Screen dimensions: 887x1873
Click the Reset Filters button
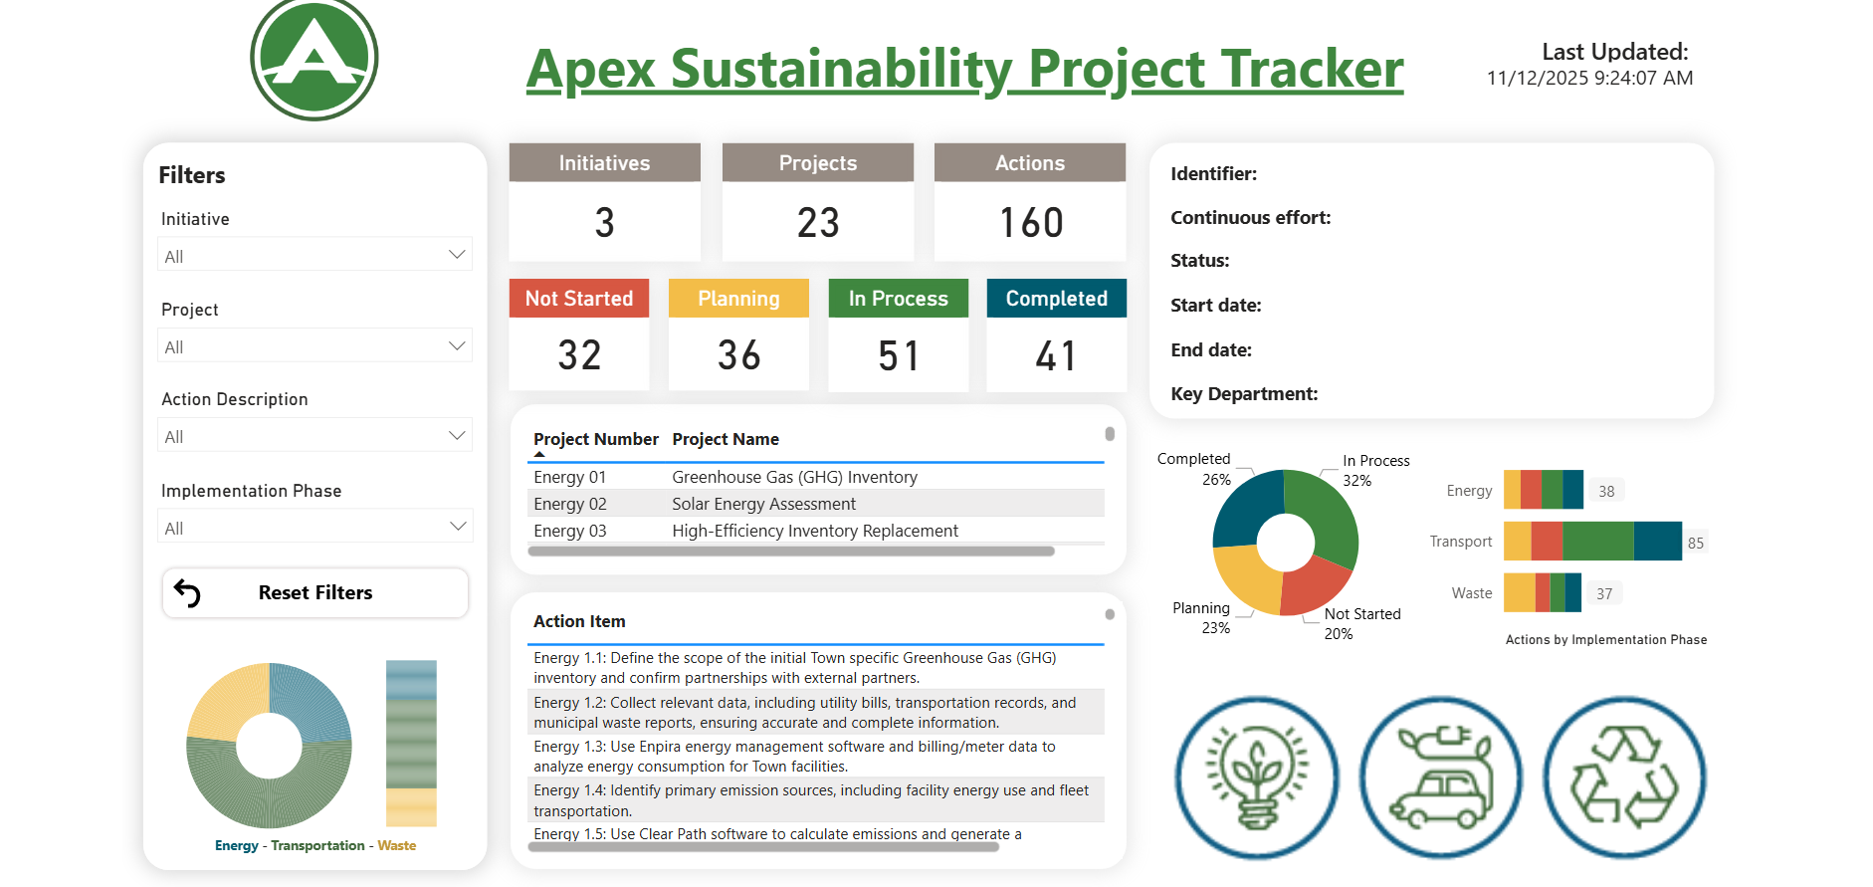coord(314,593)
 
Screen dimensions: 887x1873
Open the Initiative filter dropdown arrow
coord(457,255)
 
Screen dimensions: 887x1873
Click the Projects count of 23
coord(818,222)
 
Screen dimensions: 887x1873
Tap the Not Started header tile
coord(579,299)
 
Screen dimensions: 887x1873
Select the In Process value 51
coord(898,355)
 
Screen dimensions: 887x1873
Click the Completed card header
coord(1056,299)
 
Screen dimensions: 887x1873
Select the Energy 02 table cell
coord(570,504)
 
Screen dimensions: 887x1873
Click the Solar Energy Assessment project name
coord(763,504)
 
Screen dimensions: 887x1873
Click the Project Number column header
coord(595,439)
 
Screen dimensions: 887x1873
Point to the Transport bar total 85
coord(1696,543)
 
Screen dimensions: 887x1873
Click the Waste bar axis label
coord(1471,593)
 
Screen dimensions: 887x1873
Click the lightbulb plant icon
coord(1257,777)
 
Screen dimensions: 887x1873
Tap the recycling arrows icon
coord(1624,777)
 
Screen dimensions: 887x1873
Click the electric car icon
coord(1441,777)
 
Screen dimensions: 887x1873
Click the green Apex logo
coord(314,59)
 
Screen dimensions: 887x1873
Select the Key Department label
coord(1244,394)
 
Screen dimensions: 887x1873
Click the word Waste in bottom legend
coord(397,845)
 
